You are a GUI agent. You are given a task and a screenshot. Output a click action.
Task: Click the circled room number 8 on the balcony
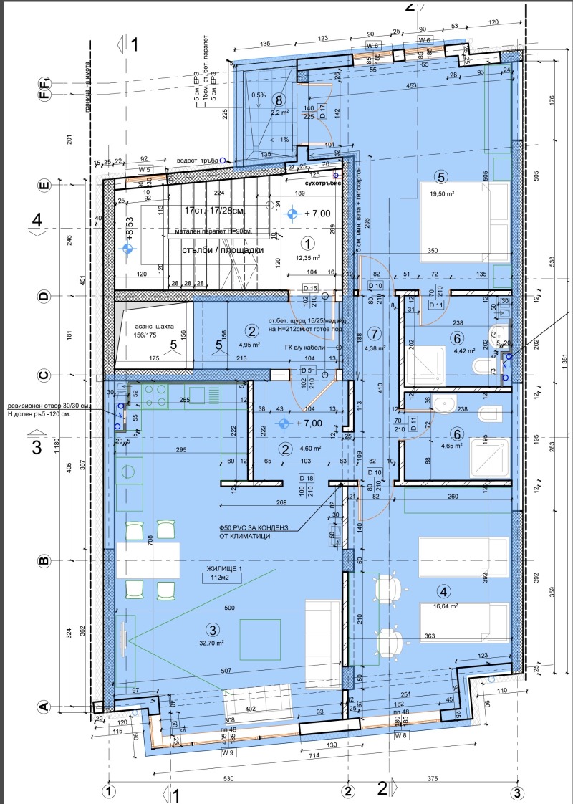[279, 100]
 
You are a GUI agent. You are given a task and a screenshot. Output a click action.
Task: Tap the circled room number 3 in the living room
[211, 630]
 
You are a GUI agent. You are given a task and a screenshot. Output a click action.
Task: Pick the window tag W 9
[228, 753]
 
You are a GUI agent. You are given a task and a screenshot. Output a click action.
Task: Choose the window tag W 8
[402, 735]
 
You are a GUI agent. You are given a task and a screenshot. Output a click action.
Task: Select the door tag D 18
[306, 477]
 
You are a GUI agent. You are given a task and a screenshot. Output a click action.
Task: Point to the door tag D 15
[309, 288]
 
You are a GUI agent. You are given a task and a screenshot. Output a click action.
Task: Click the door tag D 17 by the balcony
[322, 111]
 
